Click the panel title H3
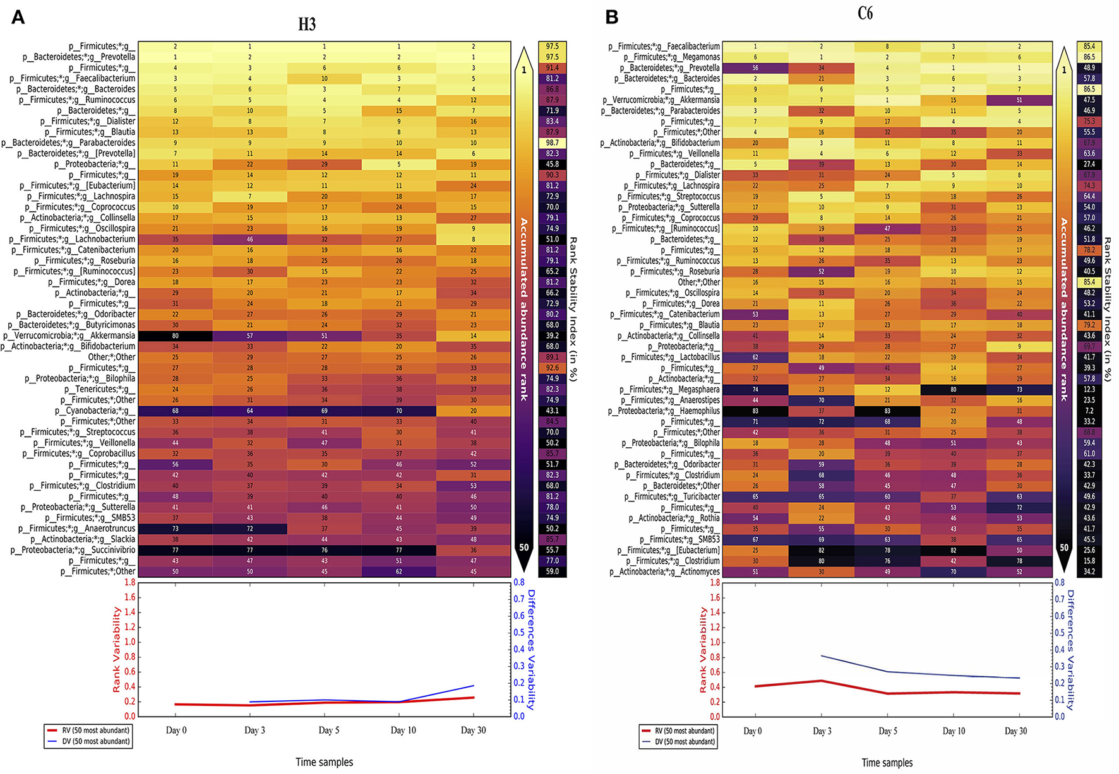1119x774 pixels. (307, 25)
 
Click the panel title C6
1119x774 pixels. (865, 13)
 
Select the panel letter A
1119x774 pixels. (18, 17)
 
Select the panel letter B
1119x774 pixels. (611, 17)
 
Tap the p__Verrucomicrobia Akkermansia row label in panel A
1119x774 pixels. (69, 336)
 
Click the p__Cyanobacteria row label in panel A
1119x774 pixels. (95, 411)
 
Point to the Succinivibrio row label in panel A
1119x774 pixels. (73, 550)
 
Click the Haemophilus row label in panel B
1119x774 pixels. (664, 411)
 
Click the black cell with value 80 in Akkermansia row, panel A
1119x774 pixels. (176, 336)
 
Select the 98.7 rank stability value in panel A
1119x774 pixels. (553, 143)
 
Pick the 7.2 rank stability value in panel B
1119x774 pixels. (1089, 411)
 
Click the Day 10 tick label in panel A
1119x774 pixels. (403, 730)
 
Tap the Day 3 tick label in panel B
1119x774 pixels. (822, 731)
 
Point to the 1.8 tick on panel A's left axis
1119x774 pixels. (129, 582)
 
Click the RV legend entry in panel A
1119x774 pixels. (88, 730)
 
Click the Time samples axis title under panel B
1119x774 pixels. (887, 763)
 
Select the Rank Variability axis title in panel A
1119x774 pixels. (117, 650)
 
